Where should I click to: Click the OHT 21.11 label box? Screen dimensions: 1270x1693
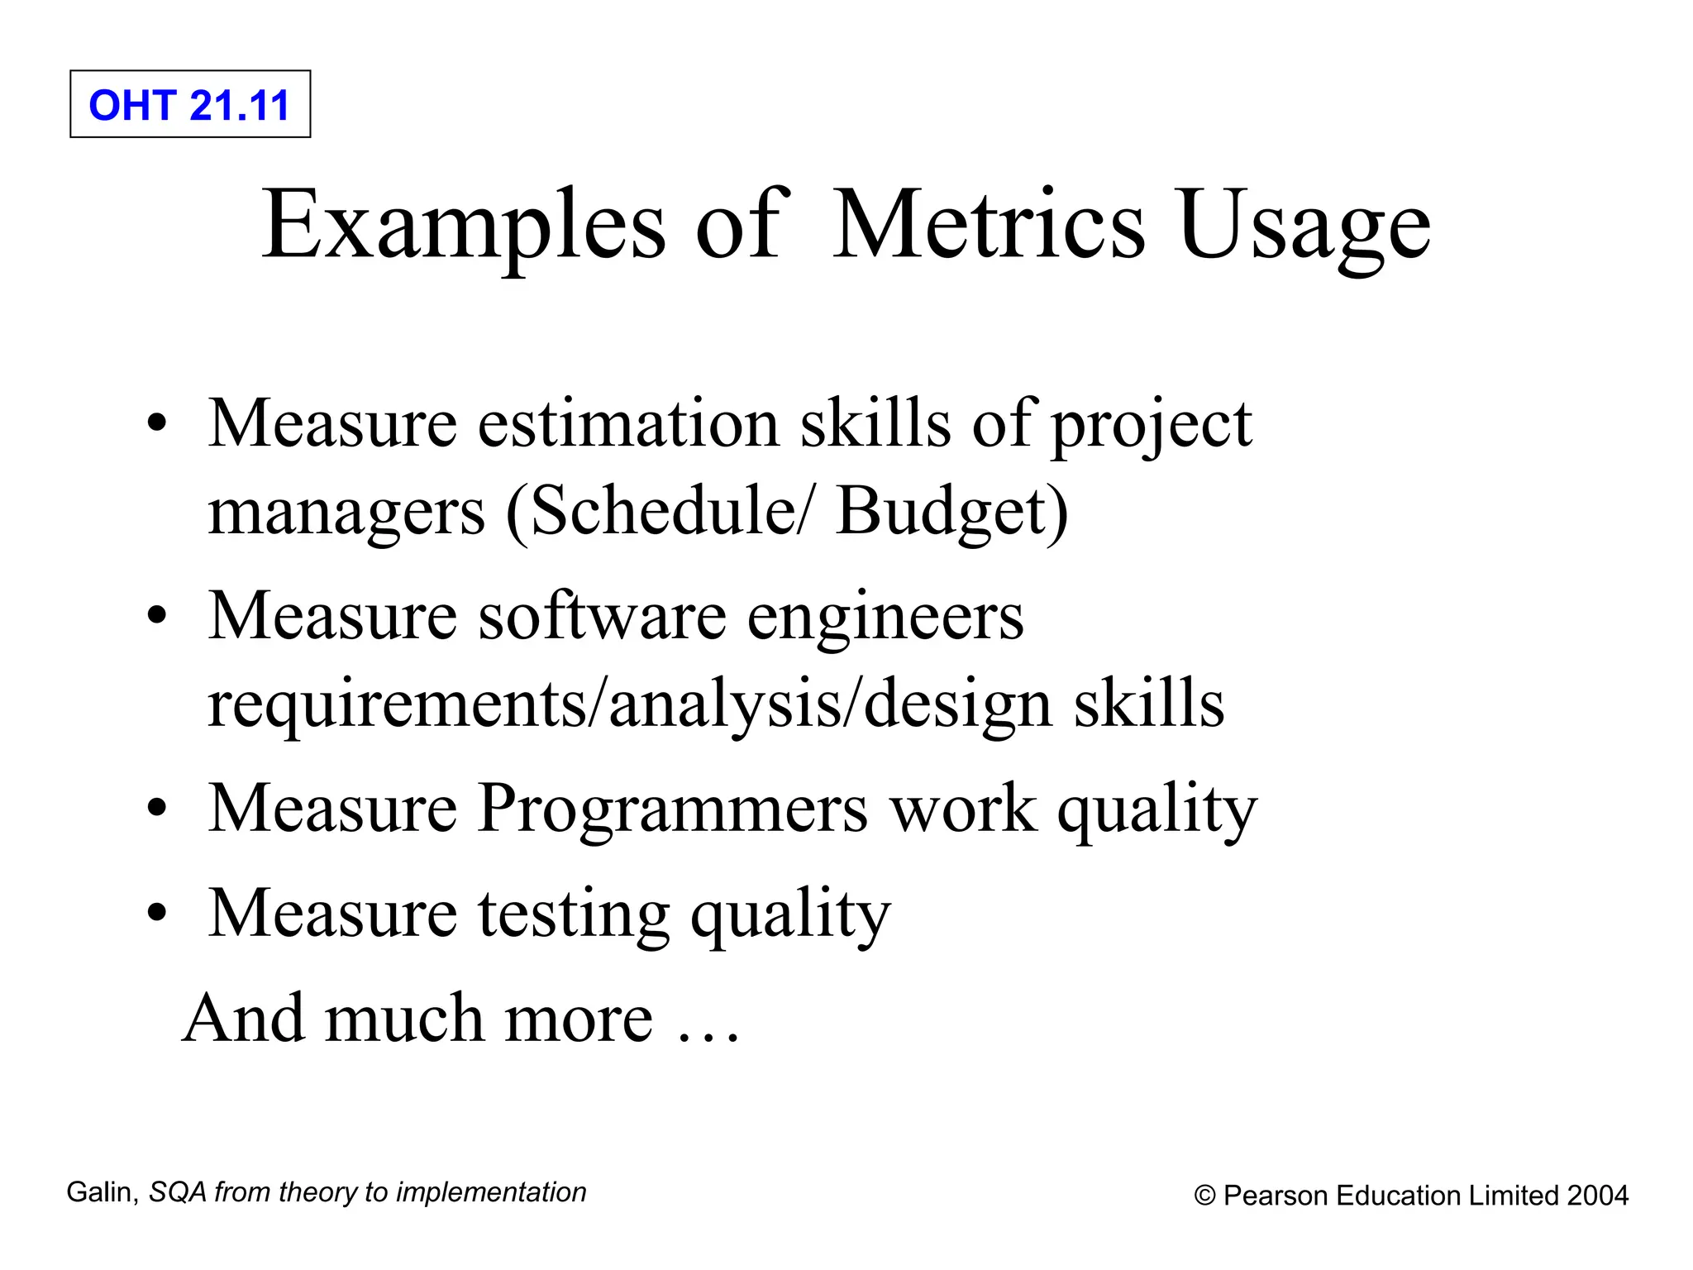point(190,104)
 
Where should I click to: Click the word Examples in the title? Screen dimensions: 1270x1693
point(464,225)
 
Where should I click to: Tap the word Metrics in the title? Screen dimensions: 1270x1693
point(989,225)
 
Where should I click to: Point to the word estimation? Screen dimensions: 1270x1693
point(628,423)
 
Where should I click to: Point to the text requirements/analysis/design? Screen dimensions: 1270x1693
point(629,705)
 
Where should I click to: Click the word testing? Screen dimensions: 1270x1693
point(574,915)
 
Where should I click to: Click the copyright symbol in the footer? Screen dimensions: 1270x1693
point(1205,1196)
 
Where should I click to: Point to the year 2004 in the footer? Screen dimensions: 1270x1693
point(1598,1196)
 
